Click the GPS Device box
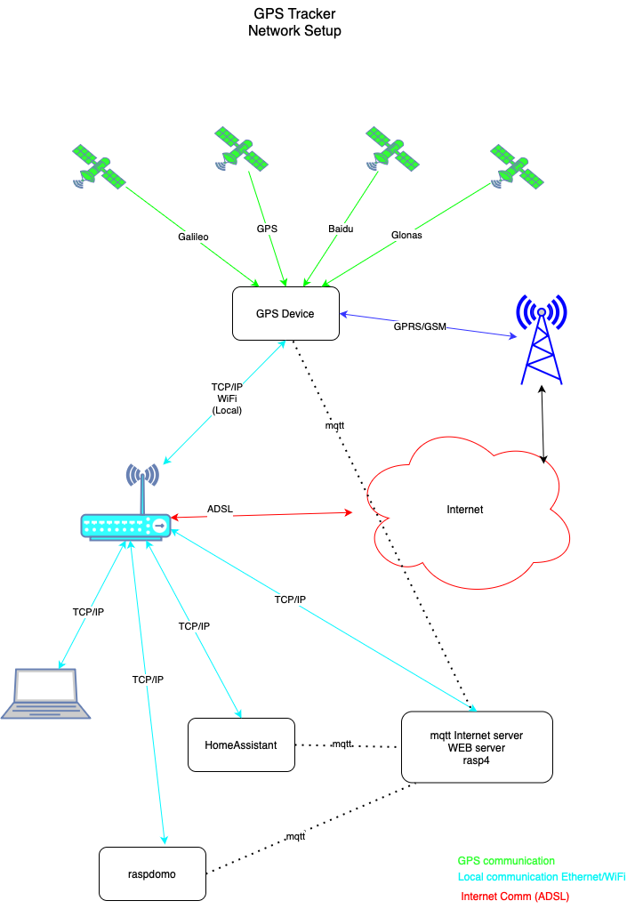point(285,313)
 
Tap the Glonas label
point(407,236)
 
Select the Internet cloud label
point(464,510)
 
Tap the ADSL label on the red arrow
point(220,508)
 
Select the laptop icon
point(45,694)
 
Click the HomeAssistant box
point(241,744)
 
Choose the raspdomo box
point(152,873)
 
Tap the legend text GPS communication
point(506,861)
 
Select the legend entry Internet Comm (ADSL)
point(515,896)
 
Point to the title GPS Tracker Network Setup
point(294,23)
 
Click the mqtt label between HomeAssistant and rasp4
point(342,743)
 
